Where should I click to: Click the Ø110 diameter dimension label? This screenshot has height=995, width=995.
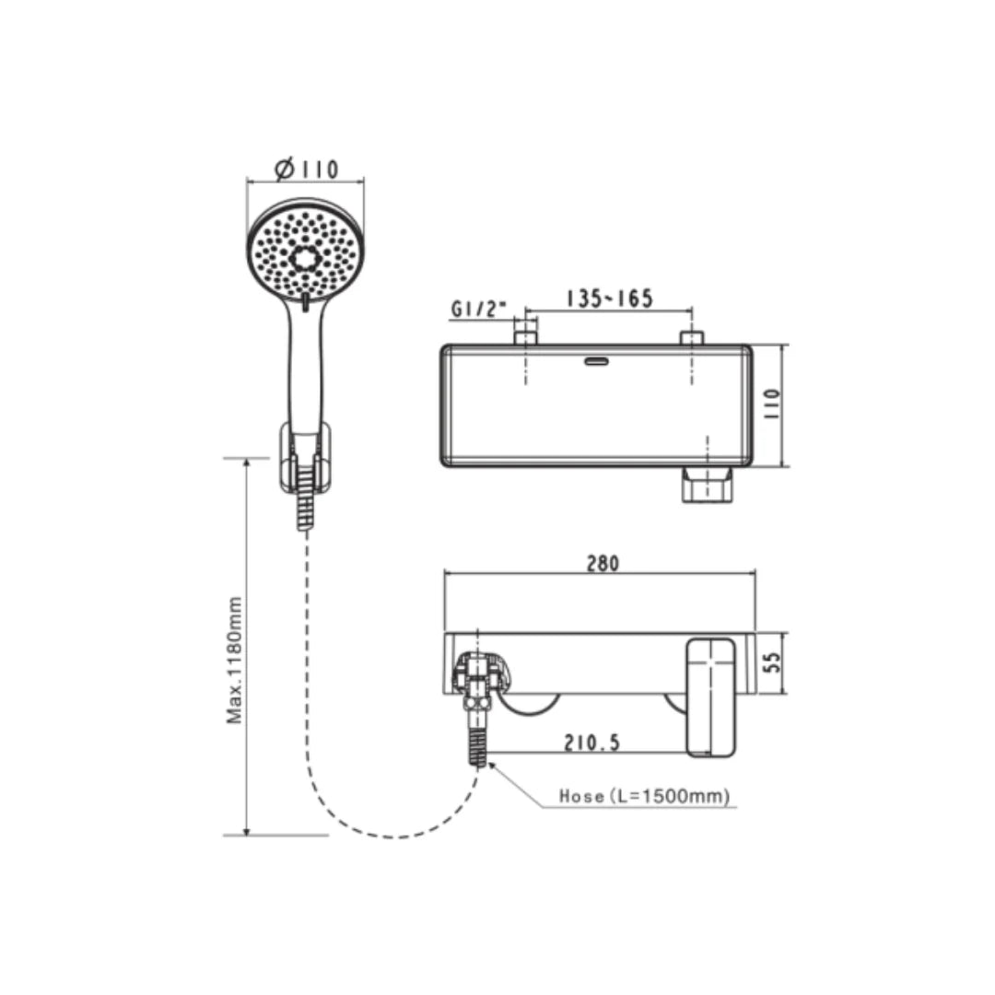click(307, 170)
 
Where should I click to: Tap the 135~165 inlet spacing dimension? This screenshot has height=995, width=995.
click(609, 298)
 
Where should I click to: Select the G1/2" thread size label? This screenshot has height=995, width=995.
click(479, 310)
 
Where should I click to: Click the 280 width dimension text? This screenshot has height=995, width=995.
click(603, 563)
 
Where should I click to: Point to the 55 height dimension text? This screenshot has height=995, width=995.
click(774, 661)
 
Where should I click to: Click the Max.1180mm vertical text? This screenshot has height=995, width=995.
click(236, 659)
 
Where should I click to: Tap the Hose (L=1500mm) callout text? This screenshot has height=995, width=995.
click(644, 797)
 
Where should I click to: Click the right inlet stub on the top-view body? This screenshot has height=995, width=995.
click(692, 337)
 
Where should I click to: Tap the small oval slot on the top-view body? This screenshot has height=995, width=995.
click(596, 361)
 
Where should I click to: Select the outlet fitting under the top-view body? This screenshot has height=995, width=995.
click(707, 485)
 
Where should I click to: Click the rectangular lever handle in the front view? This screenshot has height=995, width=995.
click(710, 697)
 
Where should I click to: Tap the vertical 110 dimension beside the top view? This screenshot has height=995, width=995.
click(772, 404)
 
